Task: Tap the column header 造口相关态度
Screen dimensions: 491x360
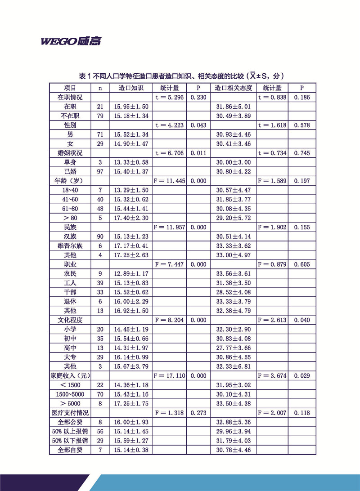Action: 233,87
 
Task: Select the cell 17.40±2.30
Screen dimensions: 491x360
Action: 133,218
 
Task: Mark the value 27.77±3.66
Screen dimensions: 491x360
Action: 233,348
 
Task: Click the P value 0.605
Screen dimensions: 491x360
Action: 301,264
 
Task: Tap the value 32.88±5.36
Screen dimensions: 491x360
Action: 233,422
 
